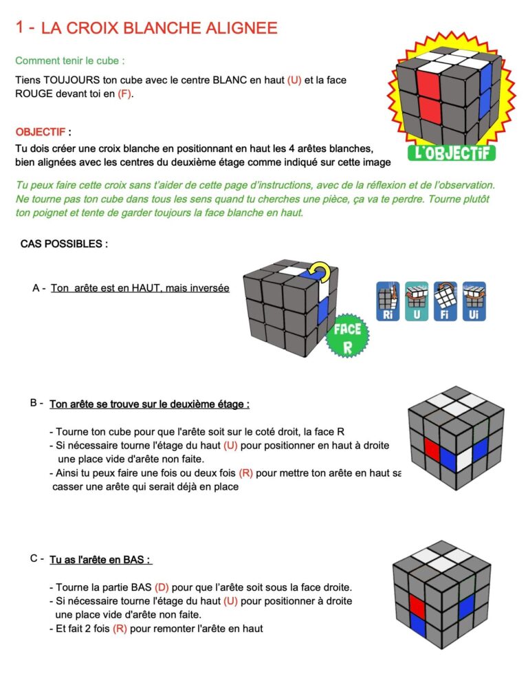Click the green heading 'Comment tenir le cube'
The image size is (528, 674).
[70, 61]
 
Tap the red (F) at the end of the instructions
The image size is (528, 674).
[124, 94]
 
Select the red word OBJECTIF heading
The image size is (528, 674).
[41, 131]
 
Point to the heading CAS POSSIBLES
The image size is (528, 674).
[64, 243]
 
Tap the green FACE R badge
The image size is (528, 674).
[347, 336]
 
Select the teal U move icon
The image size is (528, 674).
[417, 301]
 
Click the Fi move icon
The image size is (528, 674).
[445, 301]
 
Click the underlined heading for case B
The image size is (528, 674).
[149, 404]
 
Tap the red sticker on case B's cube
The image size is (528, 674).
[432, 448]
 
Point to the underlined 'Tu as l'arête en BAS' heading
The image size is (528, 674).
[100, 560]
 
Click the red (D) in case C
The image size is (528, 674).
[162, 587]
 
